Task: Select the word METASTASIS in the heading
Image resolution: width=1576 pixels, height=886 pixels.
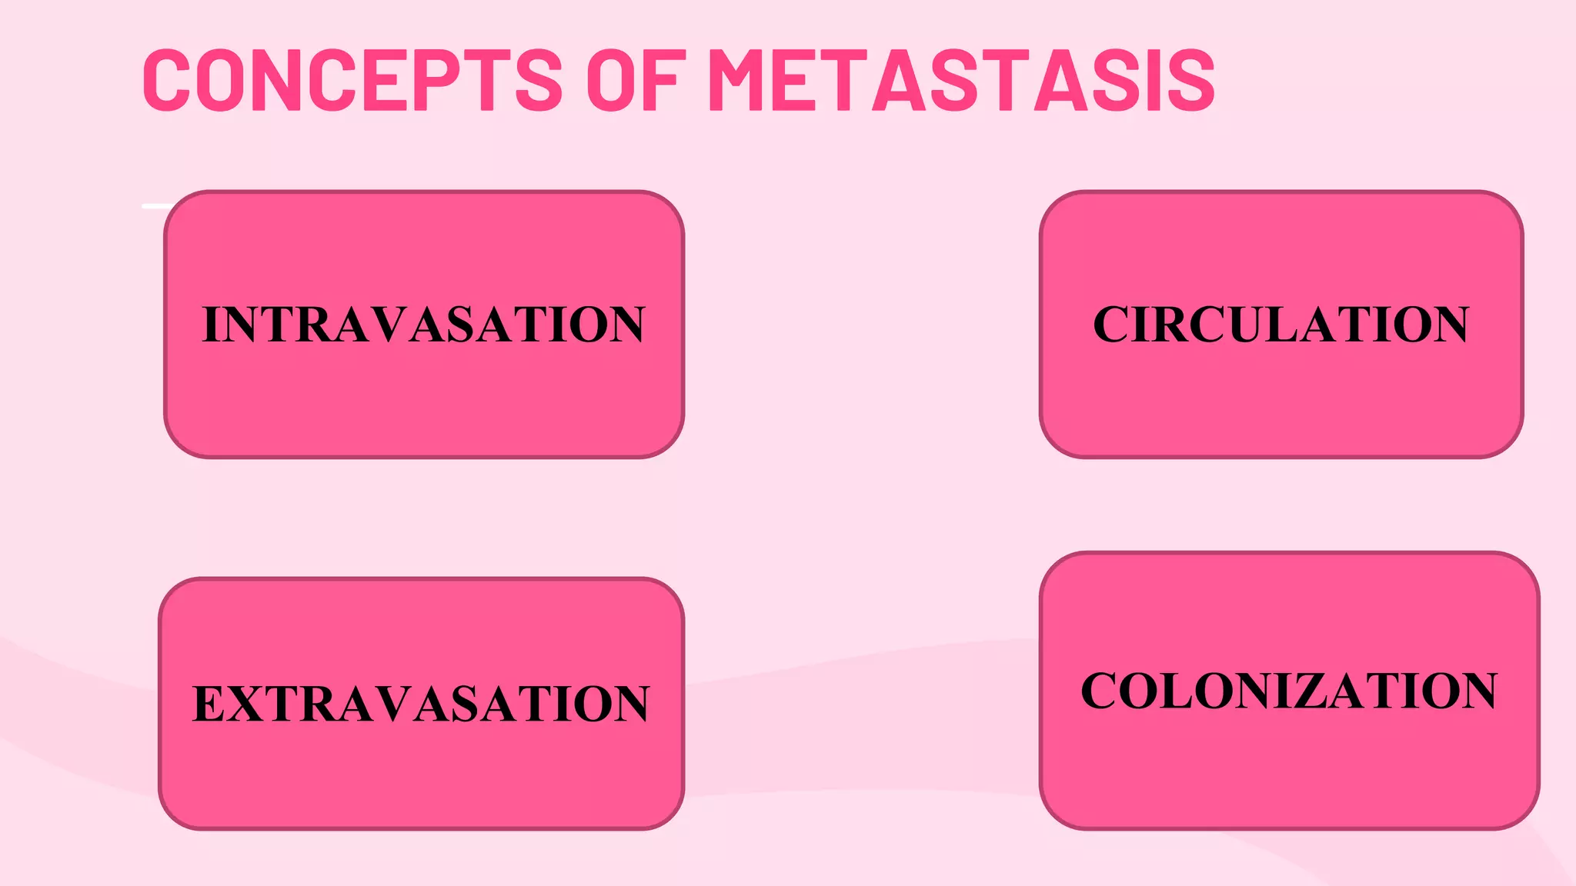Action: tap(961, 80)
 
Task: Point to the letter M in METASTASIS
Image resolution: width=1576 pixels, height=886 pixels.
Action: tap(746, 80)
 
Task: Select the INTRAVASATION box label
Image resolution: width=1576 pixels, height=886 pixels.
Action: tap(423, 325)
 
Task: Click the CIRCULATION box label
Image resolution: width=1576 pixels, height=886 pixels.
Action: tap(1280, 325)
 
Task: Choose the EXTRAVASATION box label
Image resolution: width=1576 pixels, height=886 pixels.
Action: tap(421, 704)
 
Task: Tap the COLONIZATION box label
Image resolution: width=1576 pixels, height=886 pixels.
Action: tap(1289, 691)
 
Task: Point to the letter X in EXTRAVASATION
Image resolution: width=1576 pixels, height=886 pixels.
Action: tap(249, 704)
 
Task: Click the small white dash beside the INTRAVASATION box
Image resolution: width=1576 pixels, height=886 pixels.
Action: tap(154, 206)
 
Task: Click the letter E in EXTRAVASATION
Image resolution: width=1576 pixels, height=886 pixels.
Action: tap(209, 704)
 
